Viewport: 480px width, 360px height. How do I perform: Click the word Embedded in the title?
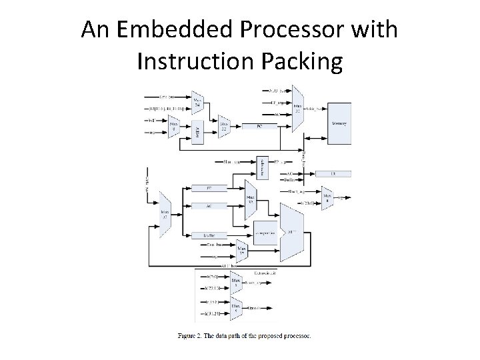[169, 30]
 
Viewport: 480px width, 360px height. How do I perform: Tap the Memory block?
[339, 124]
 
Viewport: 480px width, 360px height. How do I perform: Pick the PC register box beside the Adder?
[259, 125]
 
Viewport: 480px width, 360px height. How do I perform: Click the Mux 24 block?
[197, 103]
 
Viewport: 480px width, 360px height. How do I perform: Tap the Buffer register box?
[208, 235]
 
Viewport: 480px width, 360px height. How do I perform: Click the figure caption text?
[244, 335]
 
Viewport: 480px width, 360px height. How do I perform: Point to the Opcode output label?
[256, 309]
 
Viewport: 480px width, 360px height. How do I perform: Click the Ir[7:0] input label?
[211, 276]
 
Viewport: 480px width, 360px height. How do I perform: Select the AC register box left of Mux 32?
[208, 205]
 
